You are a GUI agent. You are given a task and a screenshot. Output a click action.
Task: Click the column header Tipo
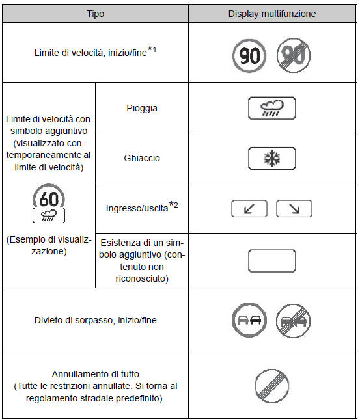tap(96, 14)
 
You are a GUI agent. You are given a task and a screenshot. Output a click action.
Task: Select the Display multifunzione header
tap(272, 14)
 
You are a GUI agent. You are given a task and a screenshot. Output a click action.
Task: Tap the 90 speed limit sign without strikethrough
tap(249, 56)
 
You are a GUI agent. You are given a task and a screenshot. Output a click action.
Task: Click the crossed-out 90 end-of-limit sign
tap(294, 55)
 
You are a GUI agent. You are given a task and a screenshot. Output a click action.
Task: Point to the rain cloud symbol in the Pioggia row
tap(272, 108)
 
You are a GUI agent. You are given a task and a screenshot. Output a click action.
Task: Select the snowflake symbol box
tap(272, 159)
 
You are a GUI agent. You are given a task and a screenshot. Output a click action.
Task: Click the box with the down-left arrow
tap(249, 209)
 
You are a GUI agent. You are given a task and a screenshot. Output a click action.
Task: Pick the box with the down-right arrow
tap(294, 209)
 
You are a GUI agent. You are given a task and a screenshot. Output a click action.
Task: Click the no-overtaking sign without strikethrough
tap(249, 320)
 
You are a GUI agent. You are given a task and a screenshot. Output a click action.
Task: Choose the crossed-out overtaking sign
tap(294, 321)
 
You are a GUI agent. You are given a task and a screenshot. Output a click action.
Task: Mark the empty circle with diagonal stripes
tap(272, 386)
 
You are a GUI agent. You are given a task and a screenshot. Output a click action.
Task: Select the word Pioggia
tap(142, 108)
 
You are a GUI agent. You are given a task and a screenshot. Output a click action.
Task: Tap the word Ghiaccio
tap(142, 158)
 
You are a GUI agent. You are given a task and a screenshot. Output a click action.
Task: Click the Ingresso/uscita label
tap(137, 208)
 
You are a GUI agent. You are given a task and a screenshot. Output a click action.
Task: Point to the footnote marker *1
tap(152, 49)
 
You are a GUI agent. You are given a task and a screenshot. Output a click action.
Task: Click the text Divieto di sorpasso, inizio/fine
tap(96, 320)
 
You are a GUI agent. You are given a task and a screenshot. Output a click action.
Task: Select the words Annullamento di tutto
tap(96, 374)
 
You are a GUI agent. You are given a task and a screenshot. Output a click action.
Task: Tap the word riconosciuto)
tap(142, 278)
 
